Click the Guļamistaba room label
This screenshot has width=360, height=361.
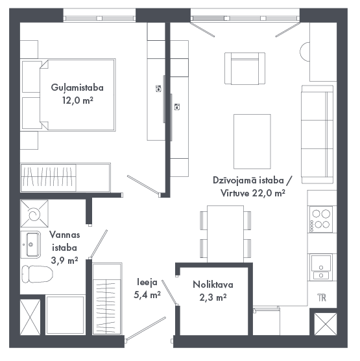point(77,87)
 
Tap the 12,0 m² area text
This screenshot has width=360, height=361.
point(78,100)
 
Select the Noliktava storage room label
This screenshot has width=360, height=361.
point(213,285)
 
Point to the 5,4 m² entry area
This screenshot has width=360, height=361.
point(147,295)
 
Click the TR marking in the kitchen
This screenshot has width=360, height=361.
point(322,297)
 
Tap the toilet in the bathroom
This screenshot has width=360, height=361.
point(37,274)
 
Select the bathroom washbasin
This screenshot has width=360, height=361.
point(31,244)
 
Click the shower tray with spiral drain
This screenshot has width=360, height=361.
point(34,214)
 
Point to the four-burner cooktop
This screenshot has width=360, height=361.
point(321,219)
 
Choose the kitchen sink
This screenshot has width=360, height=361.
point(321,267)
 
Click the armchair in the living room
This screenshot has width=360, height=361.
point(245,69)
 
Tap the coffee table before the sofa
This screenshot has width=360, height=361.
point(252,141)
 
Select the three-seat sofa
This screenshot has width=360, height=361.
point(317,134)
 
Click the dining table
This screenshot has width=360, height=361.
point(225,234)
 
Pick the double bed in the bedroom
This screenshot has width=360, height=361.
point(69,95)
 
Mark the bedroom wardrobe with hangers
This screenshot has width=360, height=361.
point(66,178)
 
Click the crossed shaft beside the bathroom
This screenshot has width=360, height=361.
point(30,317)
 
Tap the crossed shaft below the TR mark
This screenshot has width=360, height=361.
point(326,324)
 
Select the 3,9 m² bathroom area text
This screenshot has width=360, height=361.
point(64,261)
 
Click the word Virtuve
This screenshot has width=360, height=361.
point(235,193)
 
